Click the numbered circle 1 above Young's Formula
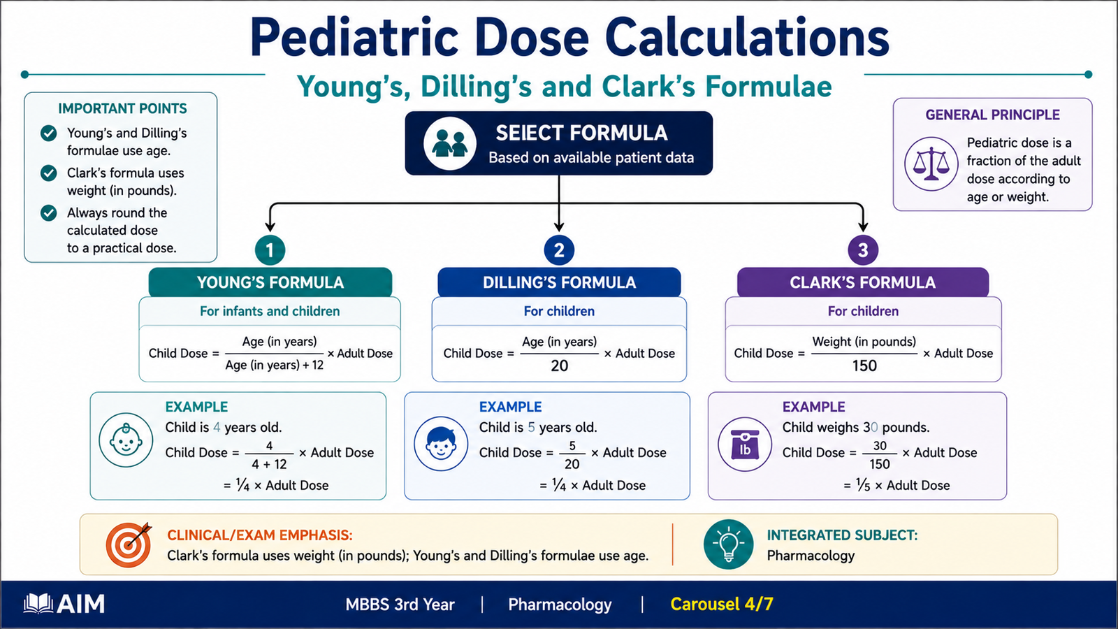(x=270, y=250)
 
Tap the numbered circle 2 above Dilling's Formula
(x=559, y=250)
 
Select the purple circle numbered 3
(x=863, y=250)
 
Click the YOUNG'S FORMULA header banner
(x=270, y=282)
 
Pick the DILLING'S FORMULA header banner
(x=559, y=282)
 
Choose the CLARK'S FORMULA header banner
(x=863, y=282)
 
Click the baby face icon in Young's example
(x=126, y=440)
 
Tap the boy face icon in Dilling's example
(x=441, y=444)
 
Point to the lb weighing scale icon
(x=745, y=444)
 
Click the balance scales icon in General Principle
(x=931, y=164)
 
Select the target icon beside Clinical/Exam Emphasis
(x=129, y=544)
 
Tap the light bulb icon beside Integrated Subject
(x=729, y=544)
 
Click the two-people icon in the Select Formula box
(x=450, y=143)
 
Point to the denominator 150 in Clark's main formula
(x=864, y=366)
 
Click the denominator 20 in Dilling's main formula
(x=560, y=366)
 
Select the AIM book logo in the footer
(x=38, y=604)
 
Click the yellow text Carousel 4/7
(x=722, y=604)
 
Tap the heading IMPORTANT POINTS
(x=122, y=108)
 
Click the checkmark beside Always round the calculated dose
(x=48, y=212)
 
